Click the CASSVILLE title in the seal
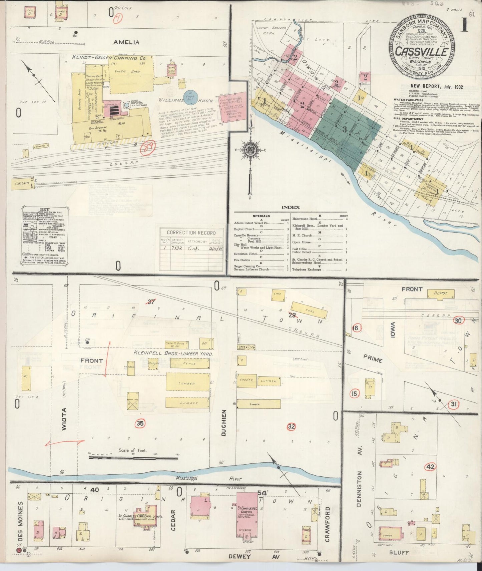point(422,52)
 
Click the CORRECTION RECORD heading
point(191,233)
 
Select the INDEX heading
point(291,207)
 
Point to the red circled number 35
point(140,423)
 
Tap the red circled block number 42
point(430,467)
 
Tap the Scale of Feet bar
point(133,458)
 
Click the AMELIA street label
point(126,42)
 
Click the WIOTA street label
point(64,419)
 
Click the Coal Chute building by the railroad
point(22,184)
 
